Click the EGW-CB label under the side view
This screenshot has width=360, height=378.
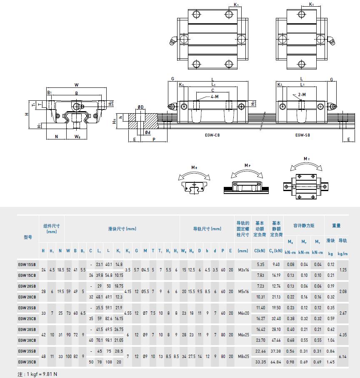click(213, 135)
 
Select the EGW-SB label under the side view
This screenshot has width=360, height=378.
click(303, 135)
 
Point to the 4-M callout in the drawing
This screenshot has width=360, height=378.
click(215, 96)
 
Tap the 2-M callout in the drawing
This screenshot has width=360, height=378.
click(302, 95)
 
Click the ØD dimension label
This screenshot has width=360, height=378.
click(140, 107)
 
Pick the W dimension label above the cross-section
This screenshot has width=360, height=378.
click(77, 85)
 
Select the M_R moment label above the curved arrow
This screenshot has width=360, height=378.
click(194, 167)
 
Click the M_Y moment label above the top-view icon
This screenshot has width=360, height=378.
click(307, 159)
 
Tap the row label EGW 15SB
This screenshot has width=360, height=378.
click(27, 264)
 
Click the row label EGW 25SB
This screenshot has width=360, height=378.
click(27, 308)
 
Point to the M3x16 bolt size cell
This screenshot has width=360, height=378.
click(243, 270)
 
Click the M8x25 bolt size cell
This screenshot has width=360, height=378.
click(243, 356)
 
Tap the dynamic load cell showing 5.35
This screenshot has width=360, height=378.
click(261, 264)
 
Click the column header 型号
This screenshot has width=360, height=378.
click(28, 237)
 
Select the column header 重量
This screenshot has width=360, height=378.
click(336, 226)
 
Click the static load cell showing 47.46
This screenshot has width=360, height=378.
click(276, 340)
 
